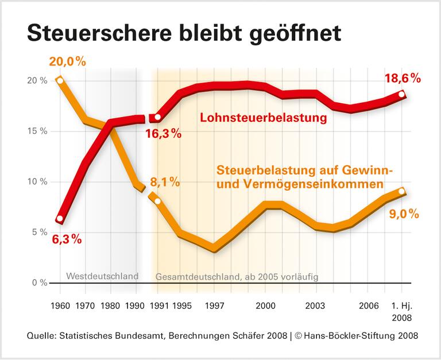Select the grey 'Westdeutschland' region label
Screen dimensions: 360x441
pos(102,276)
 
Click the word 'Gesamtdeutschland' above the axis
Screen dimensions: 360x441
pos(192,277)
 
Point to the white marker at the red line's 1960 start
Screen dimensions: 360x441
pos(60,219)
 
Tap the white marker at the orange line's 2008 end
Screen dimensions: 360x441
pos(401,191)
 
